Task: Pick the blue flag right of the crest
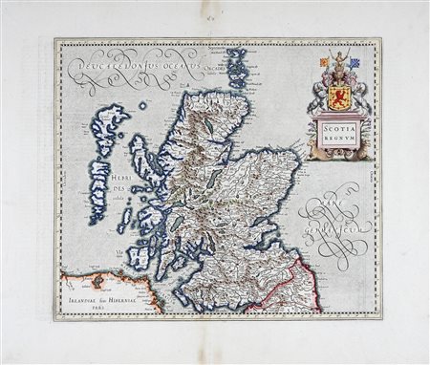(x=355, y=63)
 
